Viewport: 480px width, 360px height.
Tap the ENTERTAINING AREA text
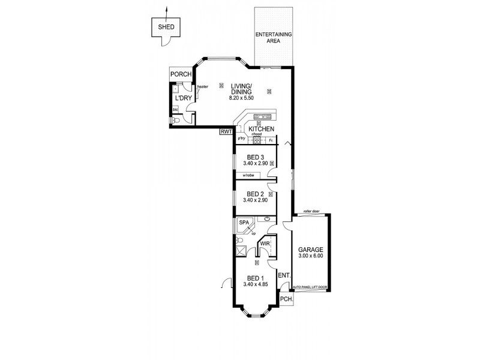(274, 38)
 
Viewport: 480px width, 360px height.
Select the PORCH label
(181, 74)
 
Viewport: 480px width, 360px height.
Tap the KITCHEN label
(262, 129)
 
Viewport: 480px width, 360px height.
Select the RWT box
(226, 132)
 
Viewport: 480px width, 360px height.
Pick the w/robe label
(249, 175)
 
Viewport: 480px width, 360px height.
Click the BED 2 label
(255, 194)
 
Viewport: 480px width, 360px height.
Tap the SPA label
(244, 223)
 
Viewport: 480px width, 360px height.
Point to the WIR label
(265, 244)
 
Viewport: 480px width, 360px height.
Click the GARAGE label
(311, 250)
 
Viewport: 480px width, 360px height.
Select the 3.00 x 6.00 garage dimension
(311, 256)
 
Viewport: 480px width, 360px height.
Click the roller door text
(311, 212)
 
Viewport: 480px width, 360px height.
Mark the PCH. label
(286, 299)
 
